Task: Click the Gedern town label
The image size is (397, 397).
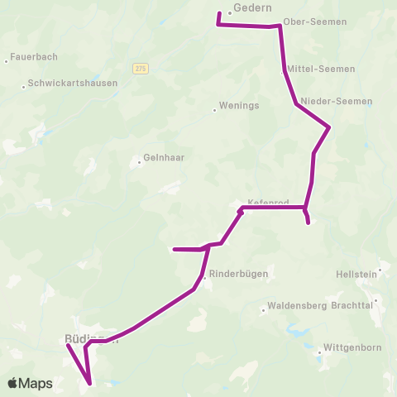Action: (253, 7)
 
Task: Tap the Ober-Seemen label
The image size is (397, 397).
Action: (309, 22)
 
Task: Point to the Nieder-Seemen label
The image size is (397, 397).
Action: (337, 101)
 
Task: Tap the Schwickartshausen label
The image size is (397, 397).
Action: (73, 83)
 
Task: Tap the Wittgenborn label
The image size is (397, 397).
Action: (352, 347)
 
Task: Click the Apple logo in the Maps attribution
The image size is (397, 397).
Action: (12, 383)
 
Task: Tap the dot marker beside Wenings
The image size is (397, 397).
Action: (214, 108)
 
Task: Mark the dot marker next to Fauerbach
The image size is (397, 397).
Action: (6, 60)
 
